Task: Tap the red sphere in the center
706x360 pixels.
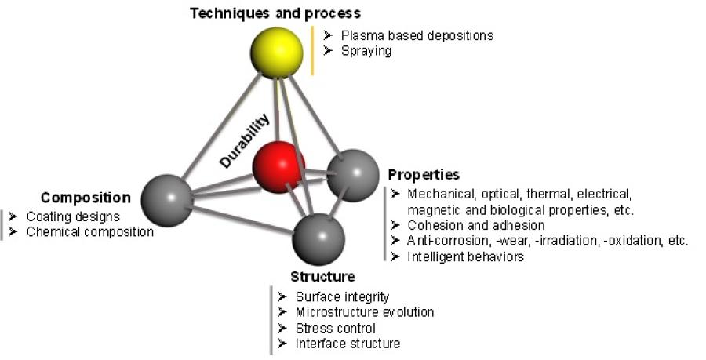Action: click(278, 167)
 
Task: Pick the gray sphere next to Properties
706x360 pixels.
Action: click(351, 176)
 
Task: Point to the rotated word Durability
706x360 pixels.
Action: click(246, 140)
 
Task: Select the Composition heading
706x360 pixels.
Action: click(86, 197)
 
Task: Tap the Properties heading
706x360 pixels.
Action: click(424, 174)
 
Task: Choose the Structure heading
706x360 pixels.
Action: click(322, 276)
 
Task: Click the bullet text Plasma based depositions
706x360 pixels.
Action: click(417, 35)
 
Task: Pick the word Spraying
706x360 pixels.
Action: click(366, 51)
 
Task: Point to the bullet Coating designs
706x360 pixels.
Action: click(73, 216)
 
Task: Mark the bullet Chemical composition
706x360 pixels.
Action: click(90, 231)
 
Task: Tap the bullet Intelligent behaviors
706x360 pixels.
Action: click(466, 256)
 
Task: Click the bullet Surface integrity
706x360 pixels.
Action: click(342, 296)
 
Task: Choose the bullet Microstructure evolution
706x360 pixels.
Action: click(365, 312)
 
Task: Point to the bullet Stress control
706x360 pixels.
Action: click(335, 328)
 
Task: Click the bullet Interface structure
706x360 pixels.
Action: click(348, 344)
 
